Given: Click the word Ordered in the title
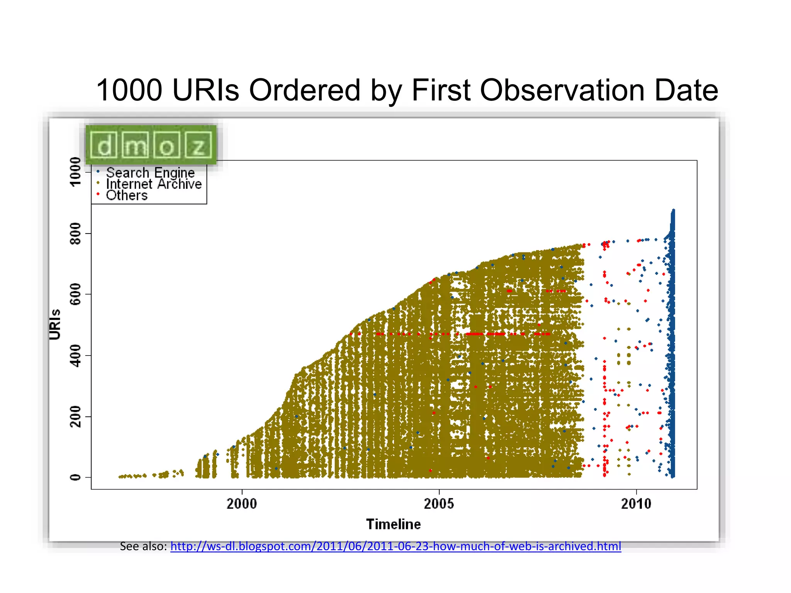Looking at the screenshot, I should click(x=305, y=90).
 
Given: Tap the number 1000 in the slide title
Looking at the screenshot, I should click(x=129, y=90).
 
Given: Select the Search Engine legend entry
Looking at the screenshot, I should click(x=150, y=173).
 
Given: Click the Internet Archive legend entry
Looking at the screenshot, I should click(x=154, y=184).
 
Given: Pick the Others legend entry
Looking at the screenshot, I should click(x=127, y=195).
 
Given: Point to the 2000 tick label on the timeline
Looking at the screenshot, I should click(x=242, y=504).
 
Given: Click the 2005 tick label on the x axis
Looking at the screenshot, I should click(x=439, y=504).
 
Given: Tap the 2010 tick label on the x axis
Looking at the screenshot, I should click(x=636, y=504).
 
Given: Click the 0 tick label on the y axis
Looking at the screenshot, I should click(x=75, y=478).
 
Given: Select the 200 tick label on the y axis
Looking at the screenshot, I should click(x=75, y=417).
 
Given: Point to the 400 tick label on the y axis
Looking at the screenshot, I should click(x=75, y=356).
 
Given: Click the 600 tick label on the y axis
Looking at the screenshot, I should click(x=75, y=294).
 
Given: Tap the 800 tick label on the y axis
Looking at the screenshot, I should click(x=75, y=233).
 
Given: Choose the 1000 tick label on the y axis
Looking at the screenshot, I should click(x=75, y=171).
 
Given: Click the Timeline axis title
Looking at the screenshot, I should click(x=393, y=524).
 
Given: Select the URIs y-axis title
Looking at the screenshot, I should click(x=55, y=324).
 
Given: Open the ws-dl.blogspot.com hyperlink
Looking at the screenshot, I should click(x=395, y=546).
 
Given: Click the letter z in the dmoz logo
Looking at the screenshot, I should click(x=199, y=146).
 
